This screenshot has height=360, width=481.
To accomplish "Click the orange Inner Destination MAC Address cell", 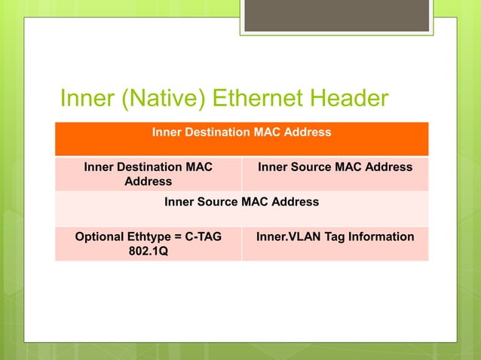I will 241,139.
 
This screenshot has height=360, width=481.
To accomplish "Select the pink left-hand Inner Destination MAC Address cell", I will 148,174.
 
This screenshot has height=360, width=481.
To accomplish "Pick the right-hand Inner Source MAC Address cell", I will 335,174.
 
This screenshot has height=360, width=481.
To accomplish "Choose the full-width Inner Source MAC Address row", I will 241,209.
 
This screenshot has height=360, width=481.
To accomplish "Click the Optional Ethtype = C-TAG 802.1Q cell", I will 148,244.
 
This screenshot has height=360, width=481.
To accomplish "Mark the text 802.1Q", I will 148,252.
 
